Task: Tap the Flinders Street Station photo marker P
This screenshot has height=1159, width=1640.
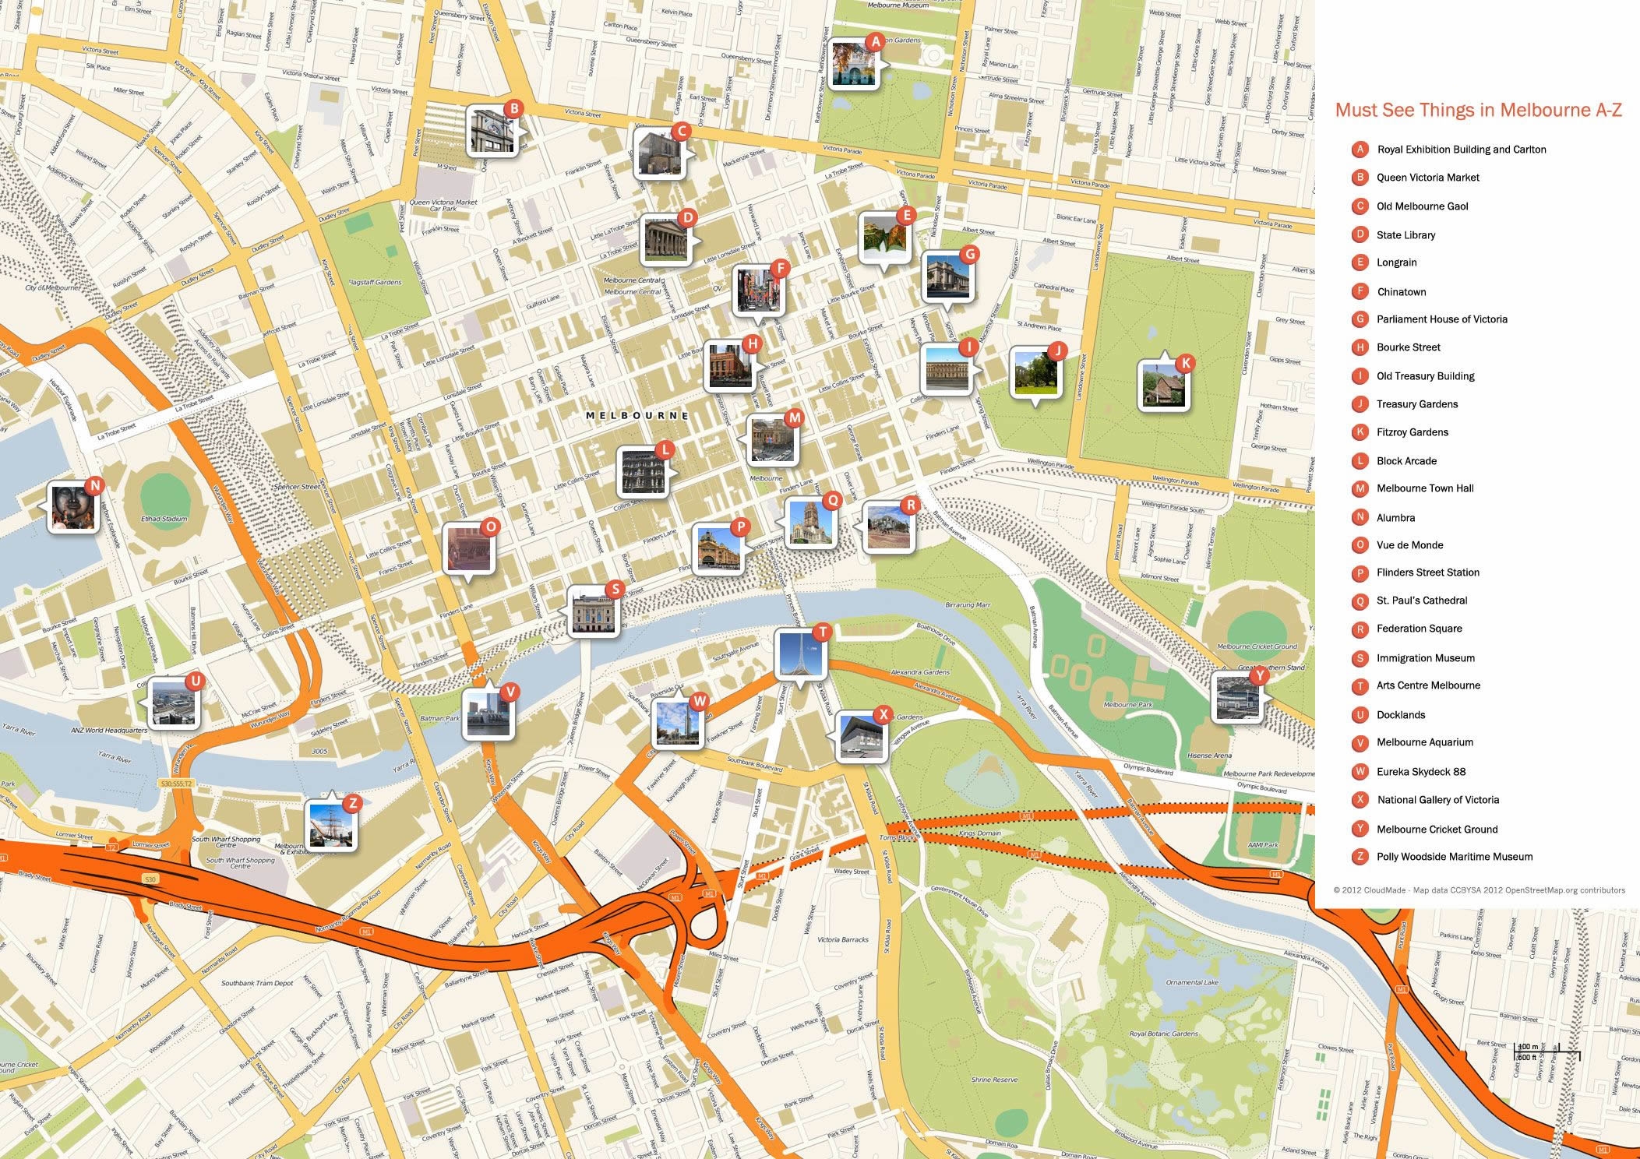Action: click(x=718, y=548)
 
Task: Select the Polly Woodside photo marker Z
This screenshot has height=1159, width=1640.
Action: click(x=330, y=825)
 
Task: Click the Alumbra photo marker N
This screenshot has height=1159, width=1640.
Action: click(x=72, y=507)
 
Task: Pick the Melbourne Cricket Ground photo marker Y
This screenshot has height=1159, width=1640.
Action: click(x=1236, y=697)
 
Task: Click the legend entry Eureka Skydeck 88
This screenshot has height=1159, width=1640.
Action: click(x=1420, y=772)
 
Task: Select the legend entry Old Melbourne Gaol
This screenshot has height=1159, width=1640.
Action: click(x=1422, y=206)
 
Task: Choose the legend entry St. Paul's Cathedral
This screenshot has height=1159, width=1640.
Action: click(x=1421, y=601)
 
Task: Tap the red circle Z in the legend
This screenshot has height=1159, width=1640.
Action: click(x=1360, y=857)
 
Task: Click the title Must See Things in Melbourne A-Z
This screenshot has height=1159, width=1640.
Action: click(x=1478, y=110)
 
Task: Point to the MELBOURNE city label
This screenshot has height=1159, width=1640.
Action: click(x=637, y=416)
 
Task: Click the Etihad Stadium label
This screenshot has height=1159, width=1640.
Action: click(x=164, y=519)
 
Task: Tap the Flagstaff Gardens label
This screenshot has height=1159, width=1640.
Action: click(x=375, y=283)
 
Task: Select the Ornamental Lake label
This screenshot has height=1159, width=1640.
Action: click(x=1191, y=983)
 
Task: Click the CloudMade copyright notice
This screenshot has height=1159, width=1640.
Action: click(x=1479, y=890)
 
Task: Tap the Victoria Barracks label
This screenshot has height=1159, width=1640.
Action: click(x=842, y=939)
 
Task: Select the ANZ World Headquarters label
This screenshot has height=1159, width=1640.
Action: click(x=109, y=731)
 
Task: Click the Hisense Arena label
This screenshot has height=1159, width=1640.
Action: click(x=1209, y=756)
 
